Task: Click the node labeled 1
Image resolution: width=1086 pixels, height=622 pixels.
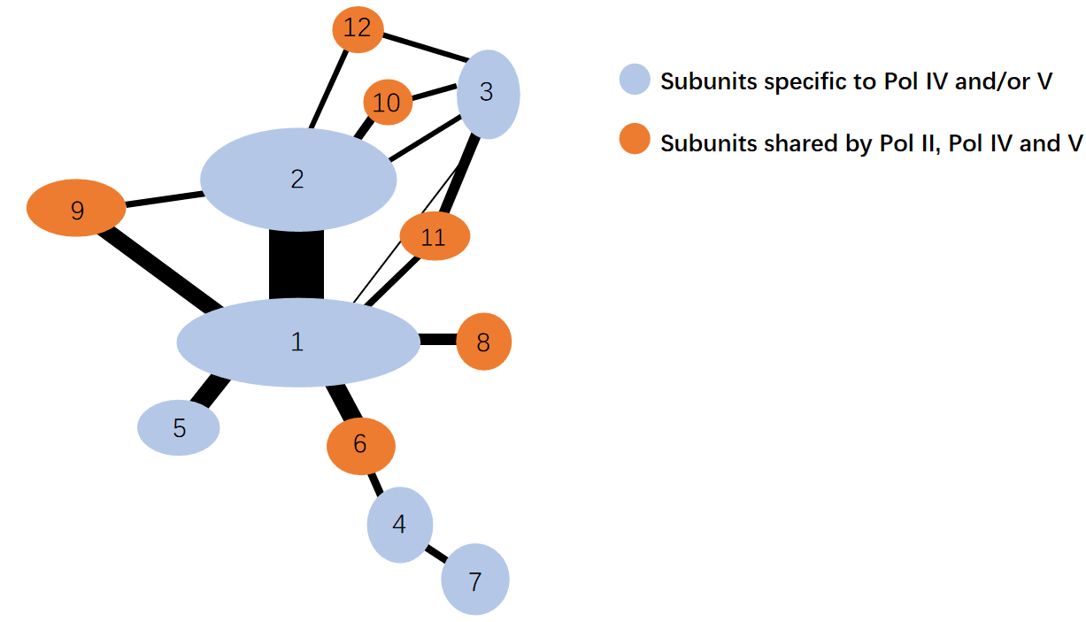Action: [298, 342]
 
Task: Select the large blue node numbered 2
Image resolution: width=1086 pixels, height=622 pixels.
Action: [298, 180]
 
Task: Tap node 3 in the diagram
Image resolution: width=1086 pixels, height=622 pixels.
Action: [488, 93]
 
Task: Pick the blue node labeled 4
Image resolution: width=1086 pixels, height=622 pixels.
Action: [400, 525]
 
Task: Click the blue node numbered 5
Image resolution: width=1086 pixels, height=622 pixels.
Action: [179, 428]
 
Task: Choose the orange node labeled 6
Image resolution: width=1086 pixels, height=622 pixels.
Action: [360, 445]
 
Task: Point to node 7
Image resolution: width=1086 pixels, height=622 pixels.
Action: [475, 580]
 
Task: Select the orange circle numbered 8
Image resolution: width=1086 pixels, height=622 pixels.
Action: [483, 342]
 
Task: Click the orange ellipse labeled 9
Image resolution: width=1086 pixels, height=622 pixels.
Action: [77, 210]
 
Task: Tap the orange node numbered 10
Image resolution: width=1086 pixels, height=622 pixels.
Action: [387, 104]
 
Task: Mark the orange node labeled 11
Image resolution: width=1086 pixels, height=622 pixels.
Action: [434, 237]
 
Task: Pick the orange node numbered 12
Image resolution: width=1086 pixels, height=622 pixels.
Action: [358, 29]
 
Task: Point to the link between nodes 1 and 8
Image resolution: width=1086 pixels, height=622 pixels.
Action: [437, 339]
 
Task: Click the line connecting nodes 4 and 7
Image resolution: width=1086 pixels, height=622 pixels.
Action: [436, 554]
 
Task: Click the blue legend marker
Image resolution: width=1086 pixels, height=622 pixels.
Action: [635, 81]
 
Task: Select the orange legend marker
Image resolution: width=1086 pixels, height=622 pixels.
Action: [635, 141]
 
